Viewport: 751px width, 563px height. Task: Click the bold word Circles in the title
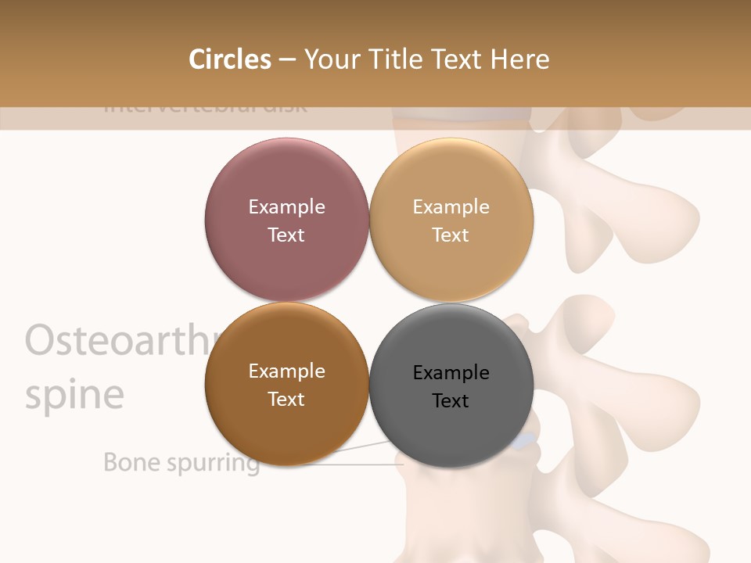pyautogui.click(x=229, y=59)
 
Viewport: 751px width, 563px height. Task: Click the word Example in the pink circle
pyautogui.click(x=286, y=207)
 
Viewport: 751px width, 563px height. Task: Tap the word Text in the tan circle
pyautogui.click(x=451, y=235)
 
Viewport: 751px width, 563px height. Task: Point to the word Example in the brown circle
pyautogui.click(x=286, y=371)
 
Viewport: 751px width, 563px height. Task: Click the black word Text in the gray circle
pyautogui.click(x=451, y=401)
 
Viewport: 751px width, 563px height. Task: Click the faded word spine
pyautogui.click(x=74, y=396)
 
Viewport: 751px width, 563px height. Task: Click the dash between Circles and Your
pyautogui.click(x=287, y=60)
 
